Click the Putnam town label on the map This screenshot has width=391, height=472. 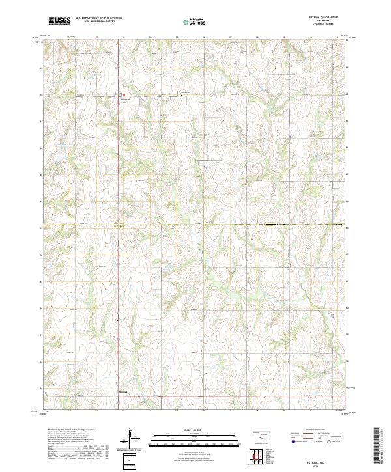click(125, 100)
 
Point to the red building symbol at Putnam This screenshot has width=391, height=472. click(123, 94)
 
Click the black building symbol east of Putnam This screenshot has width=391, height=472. click(181, 95)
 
